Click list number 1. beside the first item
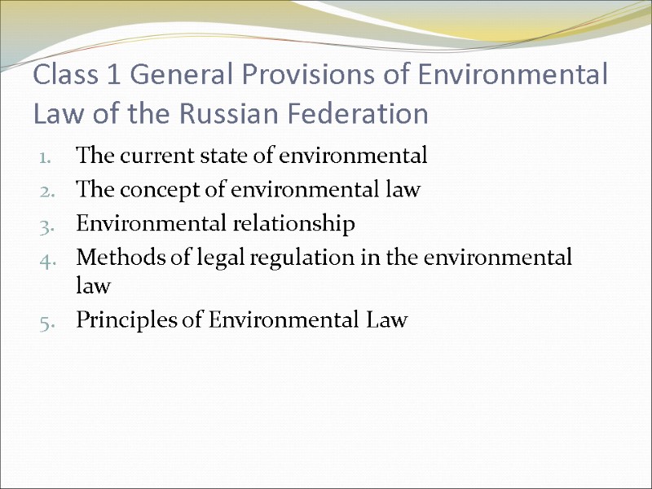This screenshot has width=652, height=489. tap(46, 156)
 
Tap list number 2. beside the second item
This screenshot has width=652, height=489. tap(46, 192)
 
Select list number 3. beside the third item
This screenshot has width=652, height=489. tap(46, 225)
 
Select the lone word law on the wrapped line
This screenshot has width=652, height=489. tap(92, 286)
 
